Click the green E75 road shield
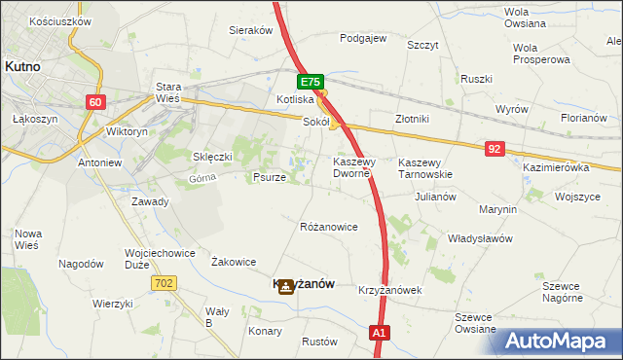click(311, 84)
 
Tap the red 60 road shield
click(94, 102)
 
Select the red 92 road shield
click(495, 148)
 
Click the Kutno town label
click(21, 66)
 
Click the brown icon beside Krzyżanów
click(284, 286)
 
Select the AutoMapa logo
click(560, 341)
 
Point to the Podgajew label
click(363, 39)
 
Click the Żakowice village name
click(234, 262)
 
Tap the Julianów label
click(435, 196)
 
